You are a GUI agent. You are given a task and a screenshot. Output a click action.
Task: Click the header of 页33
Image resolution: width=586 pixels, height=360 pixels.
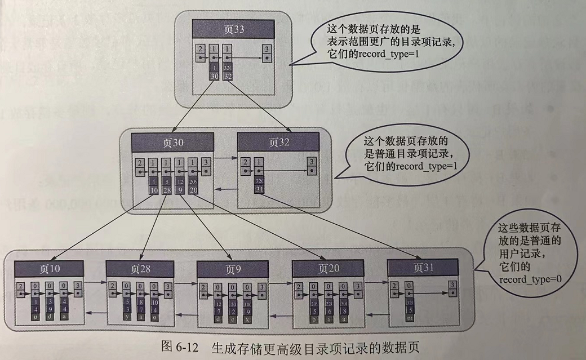point(233,29)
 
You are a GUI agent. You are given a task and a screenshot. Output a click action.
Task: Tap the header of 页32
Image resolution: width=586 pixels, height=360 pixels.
point(278,142)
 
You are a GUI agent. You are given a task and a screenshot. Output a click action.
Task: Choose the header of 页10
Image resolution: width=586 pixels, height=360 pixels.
point(50,269)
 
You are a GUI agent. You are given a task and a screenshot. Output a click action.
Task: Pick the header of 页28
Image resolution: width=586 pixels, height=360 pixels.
point(140,269)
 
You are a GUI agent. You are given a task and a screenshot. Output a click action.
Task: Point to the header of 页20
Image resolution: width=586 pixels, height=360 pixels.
point(326,269)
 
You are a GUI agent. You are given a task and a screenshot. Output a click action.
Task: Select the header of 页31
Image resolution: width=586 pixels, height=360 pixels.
point(421,267)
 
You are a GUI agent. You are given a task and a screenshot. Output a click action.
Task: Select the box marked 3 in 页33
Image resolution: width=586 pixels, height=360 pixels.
point(267,54)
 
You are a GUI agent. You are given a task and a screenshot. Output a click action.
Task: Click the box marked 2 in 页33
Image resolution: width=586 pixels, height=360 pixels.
point(200,54)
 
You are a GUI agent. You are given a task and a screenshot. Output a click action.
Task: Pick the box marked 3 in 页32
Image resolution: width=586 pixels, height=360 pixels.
point(312,166)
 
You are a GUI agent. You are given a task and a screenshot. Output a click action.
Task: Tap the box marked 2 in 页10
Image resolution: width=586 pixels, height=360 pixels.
point(21,289)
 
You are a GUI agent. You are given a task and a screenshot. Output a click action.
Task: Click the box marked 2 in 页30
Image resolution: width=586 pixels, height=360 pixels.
point(140,166)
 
